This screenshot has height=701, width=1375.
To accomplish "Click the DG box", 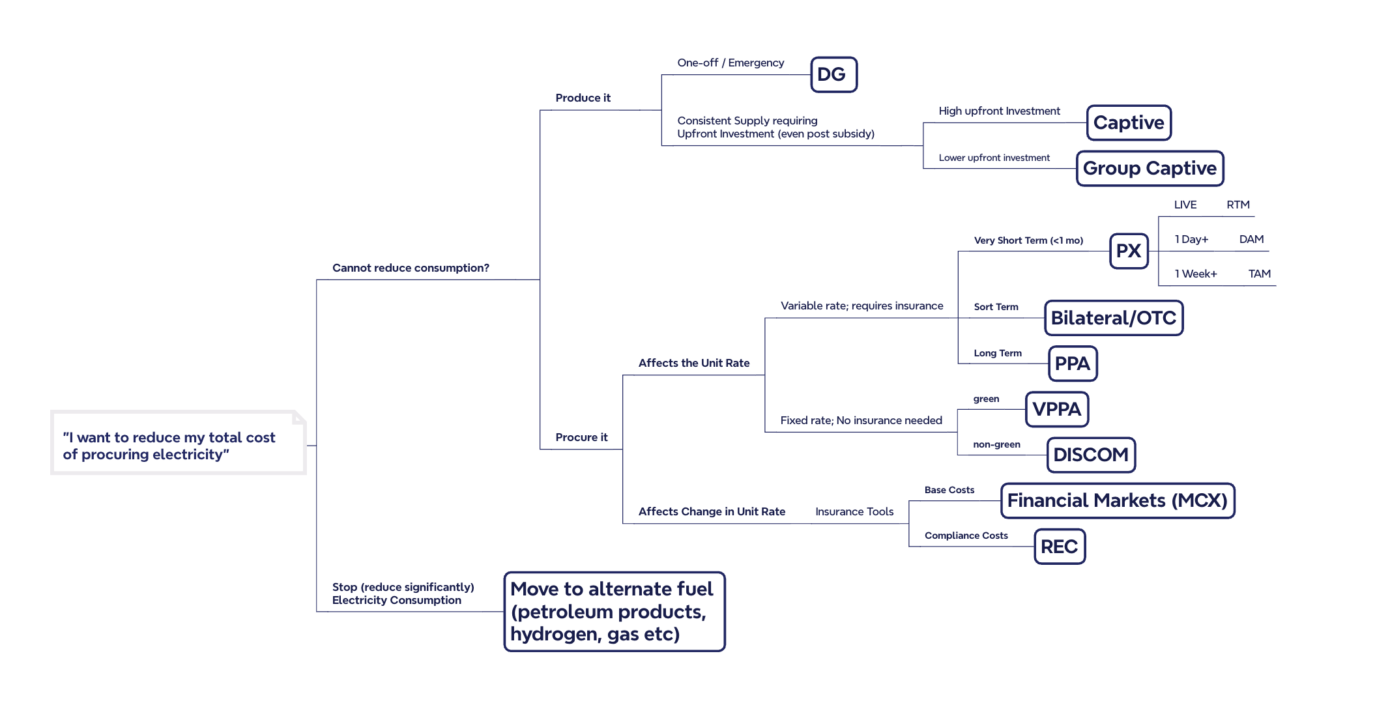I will point(833,75).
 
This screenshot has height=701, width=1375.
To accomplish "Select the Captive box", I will point(1129,122).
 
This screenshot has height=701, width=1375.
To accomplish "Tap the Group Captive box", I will point(1150,168).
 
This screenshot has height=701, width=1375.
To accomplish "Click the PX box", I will point(1129,251).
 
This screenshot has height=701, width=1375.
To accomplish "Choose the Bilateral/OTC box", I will point(1113,318).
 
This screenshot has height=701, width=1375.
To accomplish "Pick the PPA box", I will point(1072,364).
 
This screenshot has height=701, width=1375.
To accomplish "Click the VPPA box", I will point(1056,409).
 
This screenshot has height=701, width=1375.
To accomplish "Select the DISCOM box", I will point(1090,455).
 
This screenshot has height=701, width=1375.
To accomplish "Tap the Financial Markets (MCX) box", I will point(1117,500).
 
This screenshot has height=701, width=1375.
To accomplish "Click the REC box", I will point(1059,547).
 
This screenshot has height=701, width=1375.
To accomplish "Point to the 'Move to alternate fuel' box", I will point(614,611).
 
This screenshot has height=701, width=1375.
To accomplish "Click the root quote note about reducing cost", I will point(178,443).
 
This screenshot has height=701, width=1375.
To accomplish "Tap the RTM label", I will point(1237,205).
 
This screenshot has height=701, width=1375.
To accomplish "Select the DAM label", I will point(1251,239).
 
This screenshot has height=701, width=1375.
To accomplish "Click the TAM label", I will point(1259,274).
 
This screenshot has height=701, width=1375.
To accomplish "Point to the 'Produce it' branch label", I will point(583,98).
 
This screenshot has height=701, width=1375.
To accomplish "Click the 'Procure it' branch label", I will point(581,437).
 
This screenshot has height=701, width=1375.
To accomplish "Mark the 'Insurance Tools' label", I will point(854,511).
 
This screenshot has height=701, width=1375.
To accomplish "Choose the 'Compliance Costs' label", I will point(966,536).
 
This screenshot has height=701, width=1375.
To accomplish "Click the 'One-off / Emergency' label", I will point(731,63).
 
